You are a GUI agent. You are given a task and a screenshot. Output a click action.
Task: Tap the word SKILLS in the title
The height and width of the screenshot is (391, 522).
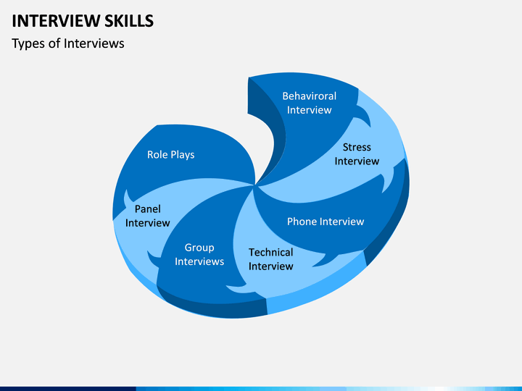click(129, 21)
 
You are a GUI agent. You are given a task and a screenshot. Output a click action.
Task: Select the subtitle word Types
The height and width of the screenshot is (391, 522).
click(28, 44)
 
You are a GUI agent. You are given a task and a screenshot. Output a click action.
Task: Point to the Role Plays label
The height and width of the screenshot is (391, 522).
click(171, 155)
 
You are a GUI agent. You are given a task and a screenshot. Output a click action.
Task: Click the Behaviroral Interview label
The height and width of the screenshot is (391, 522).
click(310, 103)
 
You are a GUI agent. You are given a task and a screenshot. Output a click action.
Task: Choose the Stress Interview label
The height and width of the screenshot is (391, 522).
click(357, 154)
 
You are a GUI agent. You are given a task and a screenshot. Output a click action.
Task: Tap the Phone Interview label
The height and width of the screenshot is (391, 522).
click(326, 222)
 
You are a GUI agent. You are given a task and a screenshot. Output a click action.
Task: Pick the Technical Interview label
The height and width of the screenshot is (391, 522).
click(270, 259)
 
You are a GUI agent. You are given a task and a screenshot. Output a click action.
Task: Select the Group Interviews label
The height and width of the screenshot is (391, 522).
click(199, 254)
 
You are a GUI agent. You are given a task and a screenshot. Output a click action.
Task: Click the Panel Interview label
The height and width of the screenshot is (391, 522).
click(147, 216)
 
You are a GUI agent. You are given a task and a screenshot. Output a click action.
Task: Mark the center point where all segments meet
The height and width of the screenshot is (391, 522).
click(255, 185)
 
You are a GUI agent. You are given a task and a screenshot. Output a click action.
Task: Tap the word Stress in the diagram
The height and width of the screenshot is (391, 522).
click(357, 147)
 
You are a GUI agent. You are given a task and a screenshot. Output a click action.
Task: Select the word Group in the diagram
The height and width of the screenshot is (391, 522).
click(199, 248)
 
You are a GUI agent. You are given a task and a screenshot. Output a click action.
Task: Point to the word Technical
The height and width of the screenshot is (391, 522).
click(270, 253)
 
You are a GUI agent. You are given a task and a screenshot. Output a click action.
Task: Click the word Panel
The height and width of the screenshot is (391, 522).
click(147, 209)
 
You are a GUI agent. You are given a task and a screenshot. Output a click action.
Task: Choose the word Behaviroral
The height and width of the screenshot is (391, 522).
click(310, 96)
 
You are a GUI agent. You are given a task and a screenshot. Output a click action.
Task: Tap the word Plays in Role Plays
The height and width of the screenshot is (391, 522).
click(183, 155)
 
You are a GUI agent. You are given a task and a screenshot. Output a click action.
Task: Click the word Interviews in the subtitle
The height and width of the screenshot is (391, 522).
click(94, 43)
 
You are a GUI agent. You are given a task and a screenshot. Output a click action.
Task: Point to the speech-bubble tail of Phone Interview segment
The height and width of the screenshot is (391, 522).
click(321, 261)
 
